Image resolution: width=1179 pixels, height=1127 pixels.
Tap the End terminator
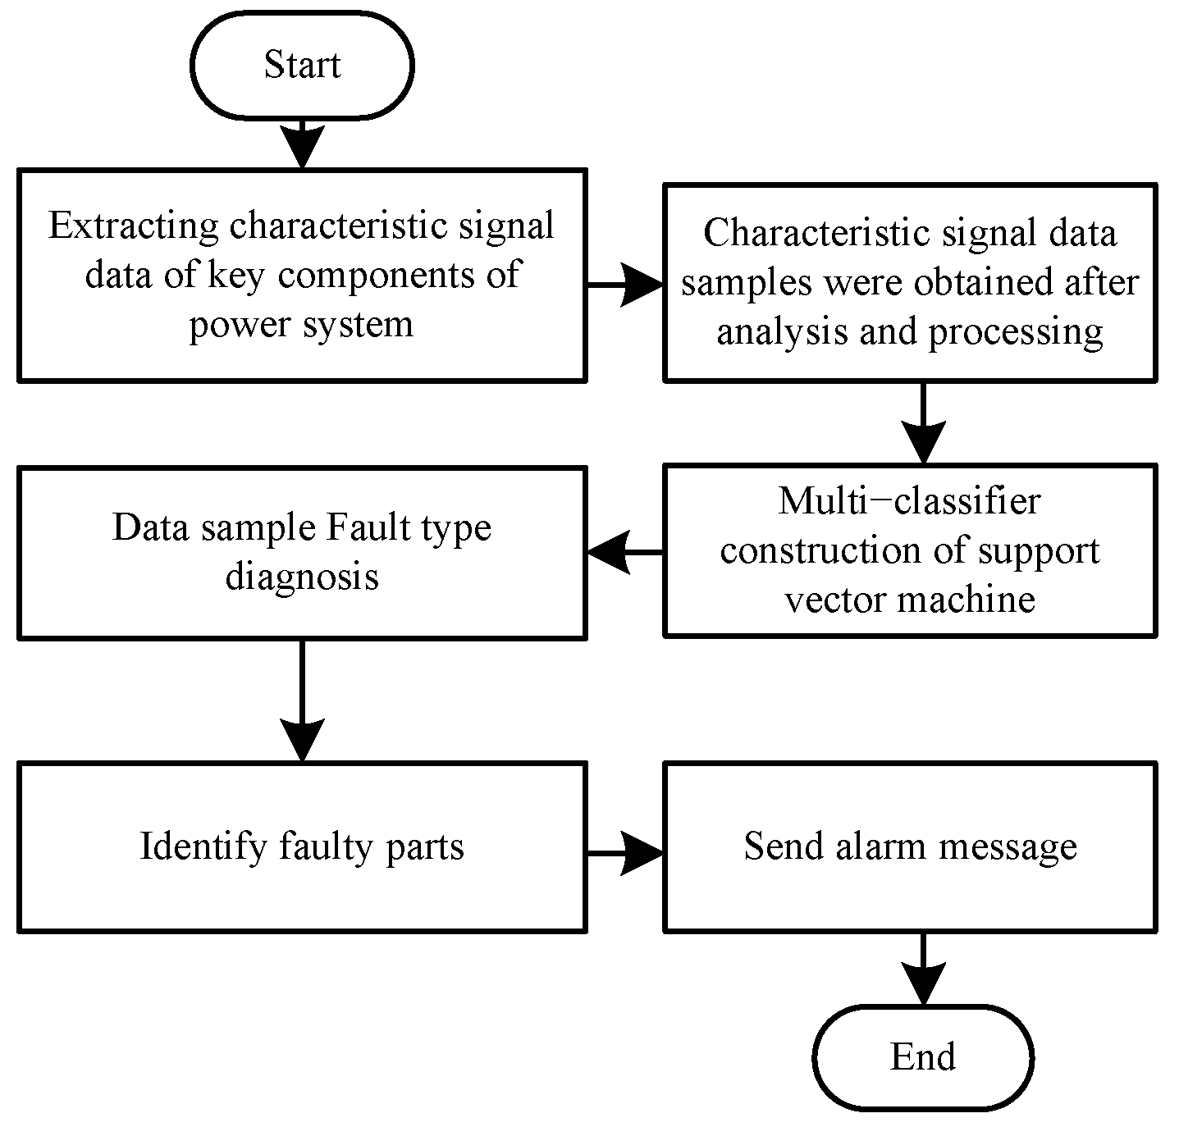(923, 1057)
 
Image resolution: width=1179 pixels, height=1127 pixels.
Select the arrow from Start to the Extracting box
(302, 144)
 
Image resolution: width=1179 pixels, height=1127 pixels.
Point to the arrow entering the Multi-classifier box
(924, 424)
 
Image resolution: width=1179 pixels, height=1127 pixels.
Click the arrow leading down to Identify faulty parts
(302, 701)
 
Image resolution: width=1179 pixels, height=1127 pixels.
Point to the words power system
(301, 324)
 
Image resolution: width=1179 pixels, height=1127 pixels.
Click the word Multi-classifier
(909, 501)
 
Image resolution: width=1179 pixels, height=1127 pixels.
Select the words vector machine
(909, 599)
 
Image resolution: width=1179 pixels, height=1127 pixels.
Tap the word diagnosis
(302, 576)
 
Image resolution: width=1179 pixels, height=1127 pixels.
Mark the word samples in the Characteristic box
(747, 282)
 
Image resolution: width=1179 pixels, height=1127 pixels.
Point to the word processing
(1016, 332)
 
